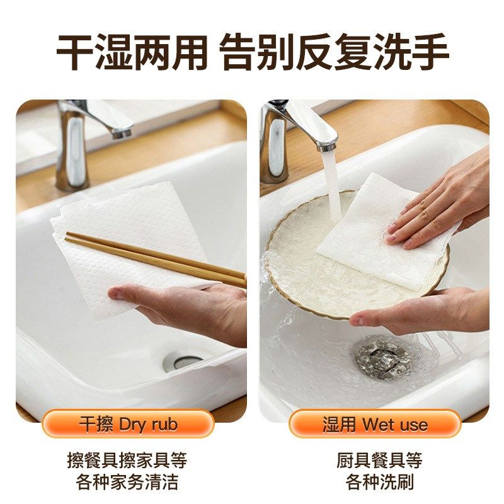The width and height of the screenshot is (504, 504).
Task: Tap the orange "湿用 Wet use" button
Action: tap(375, 424)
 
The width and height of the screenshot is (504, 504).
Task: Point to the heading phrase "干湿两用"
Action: tap(132, 52)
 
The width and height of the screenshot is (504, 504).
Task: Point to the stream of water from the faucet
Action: tap(331, 183)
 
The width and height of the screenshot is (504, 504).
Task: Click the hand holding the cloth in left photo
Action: tap(189, 309)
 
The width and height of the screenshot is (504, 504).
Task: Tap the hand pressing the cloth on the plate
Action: tap(441, 202)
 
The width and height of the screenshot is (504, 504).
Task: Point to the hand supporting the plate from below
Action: tap(428, 312)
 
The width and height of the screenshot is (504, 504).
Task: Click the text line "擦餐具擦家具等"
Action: tap(128, 460)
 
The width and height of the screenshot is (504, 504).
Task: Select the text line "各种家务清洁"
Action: tap(128, 482)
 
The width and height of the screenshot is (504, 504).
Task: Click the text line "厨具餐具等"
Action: tap(379, 460)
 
